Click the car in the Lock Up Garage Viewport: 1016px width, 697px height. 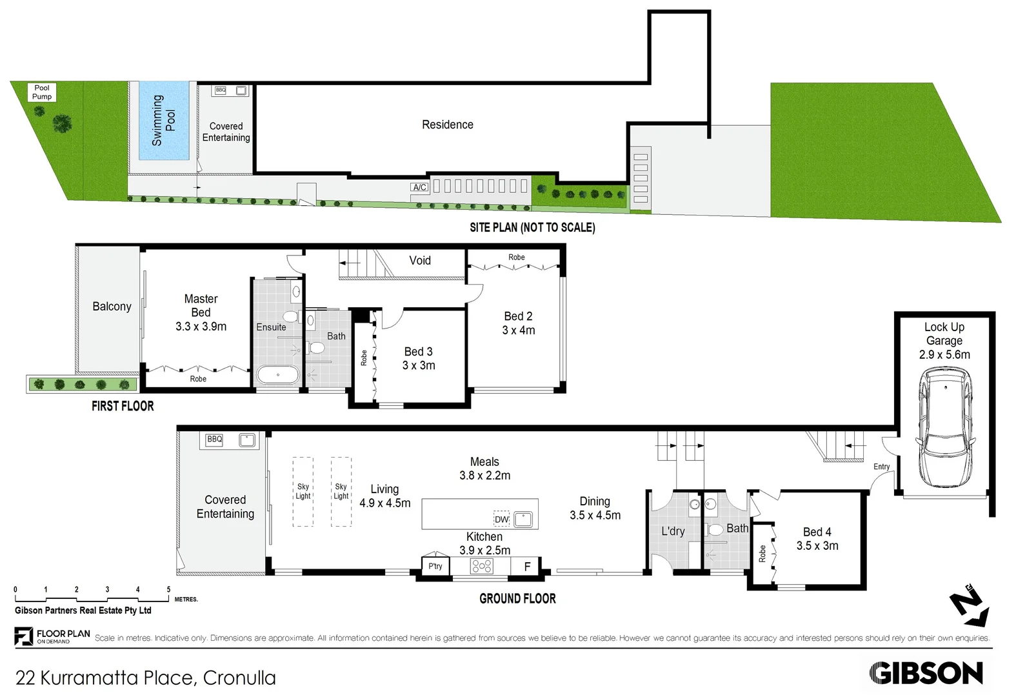946,428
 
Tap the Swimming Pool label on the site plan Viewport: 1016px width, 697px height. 163,120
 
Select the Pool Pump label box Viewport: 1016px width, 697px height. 42,92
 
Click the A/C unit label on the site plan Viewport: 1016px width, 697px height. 419,187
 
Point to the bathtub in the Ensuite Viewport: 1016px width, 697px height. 278,375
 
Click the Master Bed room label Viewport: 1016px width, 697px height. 201,305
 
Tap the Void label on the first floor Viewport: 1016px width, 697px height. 420,261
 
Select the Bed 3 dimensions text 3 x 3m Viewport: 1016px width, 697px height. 419,365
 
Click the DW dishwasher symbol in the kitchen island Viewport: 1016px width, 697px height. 501,519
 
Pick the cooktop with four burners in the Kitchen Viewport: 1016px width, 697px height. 481,566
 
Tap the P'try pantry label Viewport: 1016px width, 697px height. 435,566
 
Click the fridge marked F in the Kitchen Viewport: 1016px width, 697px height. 526,567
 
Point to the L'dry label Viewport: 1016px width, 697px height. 673,531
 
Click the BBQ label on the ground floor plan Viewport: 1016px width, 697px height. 215,439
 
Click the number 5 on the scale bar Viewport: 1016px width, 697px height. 168,589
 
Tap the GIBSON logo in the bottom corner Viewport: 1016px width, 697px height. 926,673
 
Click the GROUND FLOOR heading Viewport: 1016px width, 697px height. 517,598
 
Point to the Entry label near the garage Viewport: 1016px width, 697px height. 882,467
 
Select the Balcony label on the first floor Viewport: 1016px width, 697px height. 112,307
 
